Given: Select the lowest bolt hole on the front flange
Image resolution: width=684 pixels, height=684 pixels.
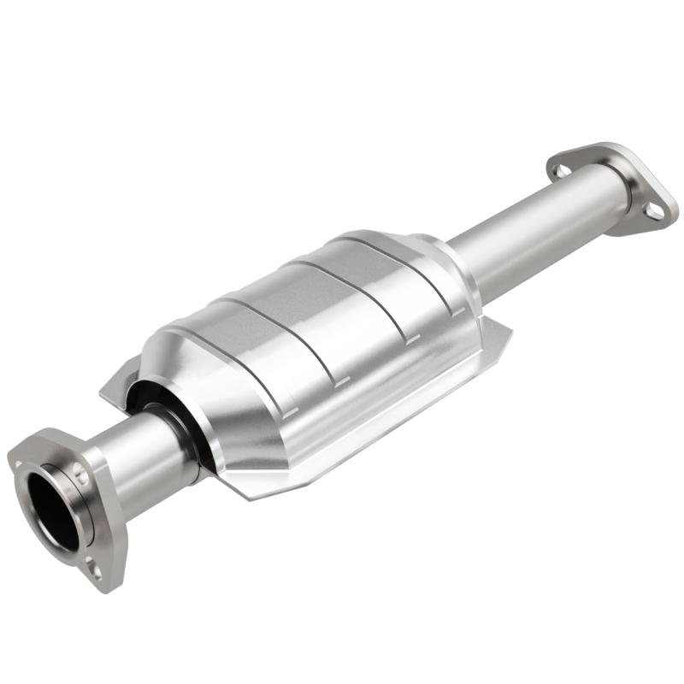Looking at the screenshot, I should [96, 569].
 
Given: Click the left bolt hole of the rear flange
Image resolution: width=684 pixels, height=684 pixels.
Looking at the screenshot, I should [560, 170].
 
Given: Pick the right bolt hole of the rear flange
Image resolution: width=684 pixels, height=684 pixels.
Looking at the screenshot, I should [653, 209].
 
